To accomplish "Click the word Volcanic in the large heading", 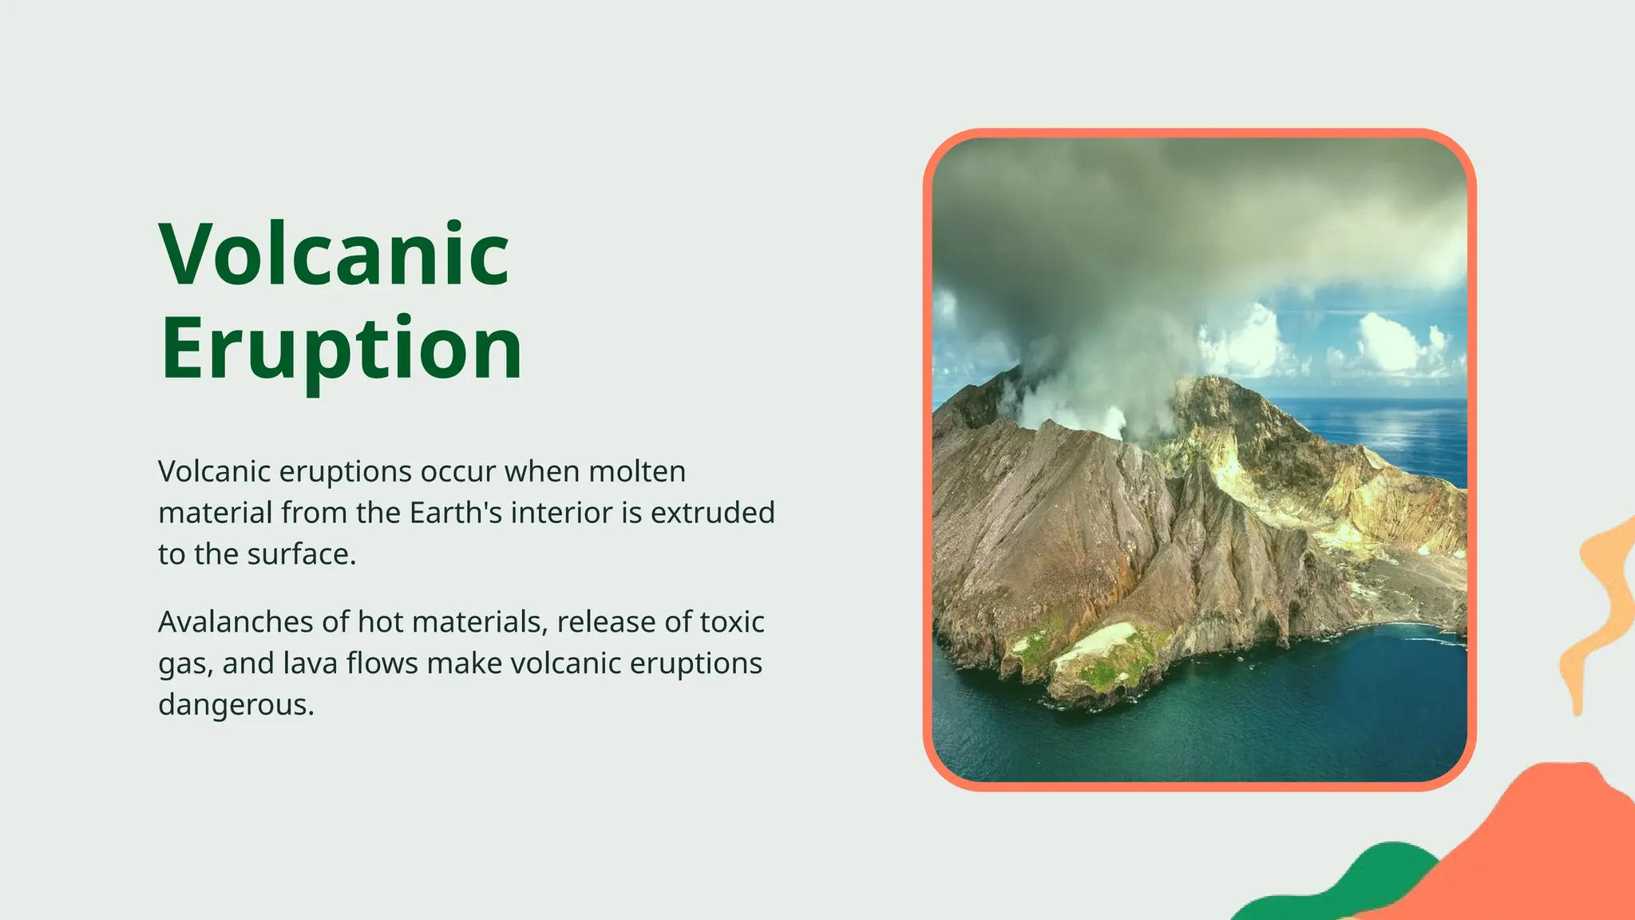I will (x=334, y=255).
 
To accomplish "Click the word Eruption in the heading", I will (x=341, y=349).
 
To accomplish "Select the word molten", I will (x=637, y=471).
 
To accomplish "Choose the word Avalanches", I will (x=236, y=621).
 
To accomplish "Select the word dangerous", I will (x=236, y=704).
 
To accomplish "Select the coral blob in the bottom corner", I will (x=1541, y=847).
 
